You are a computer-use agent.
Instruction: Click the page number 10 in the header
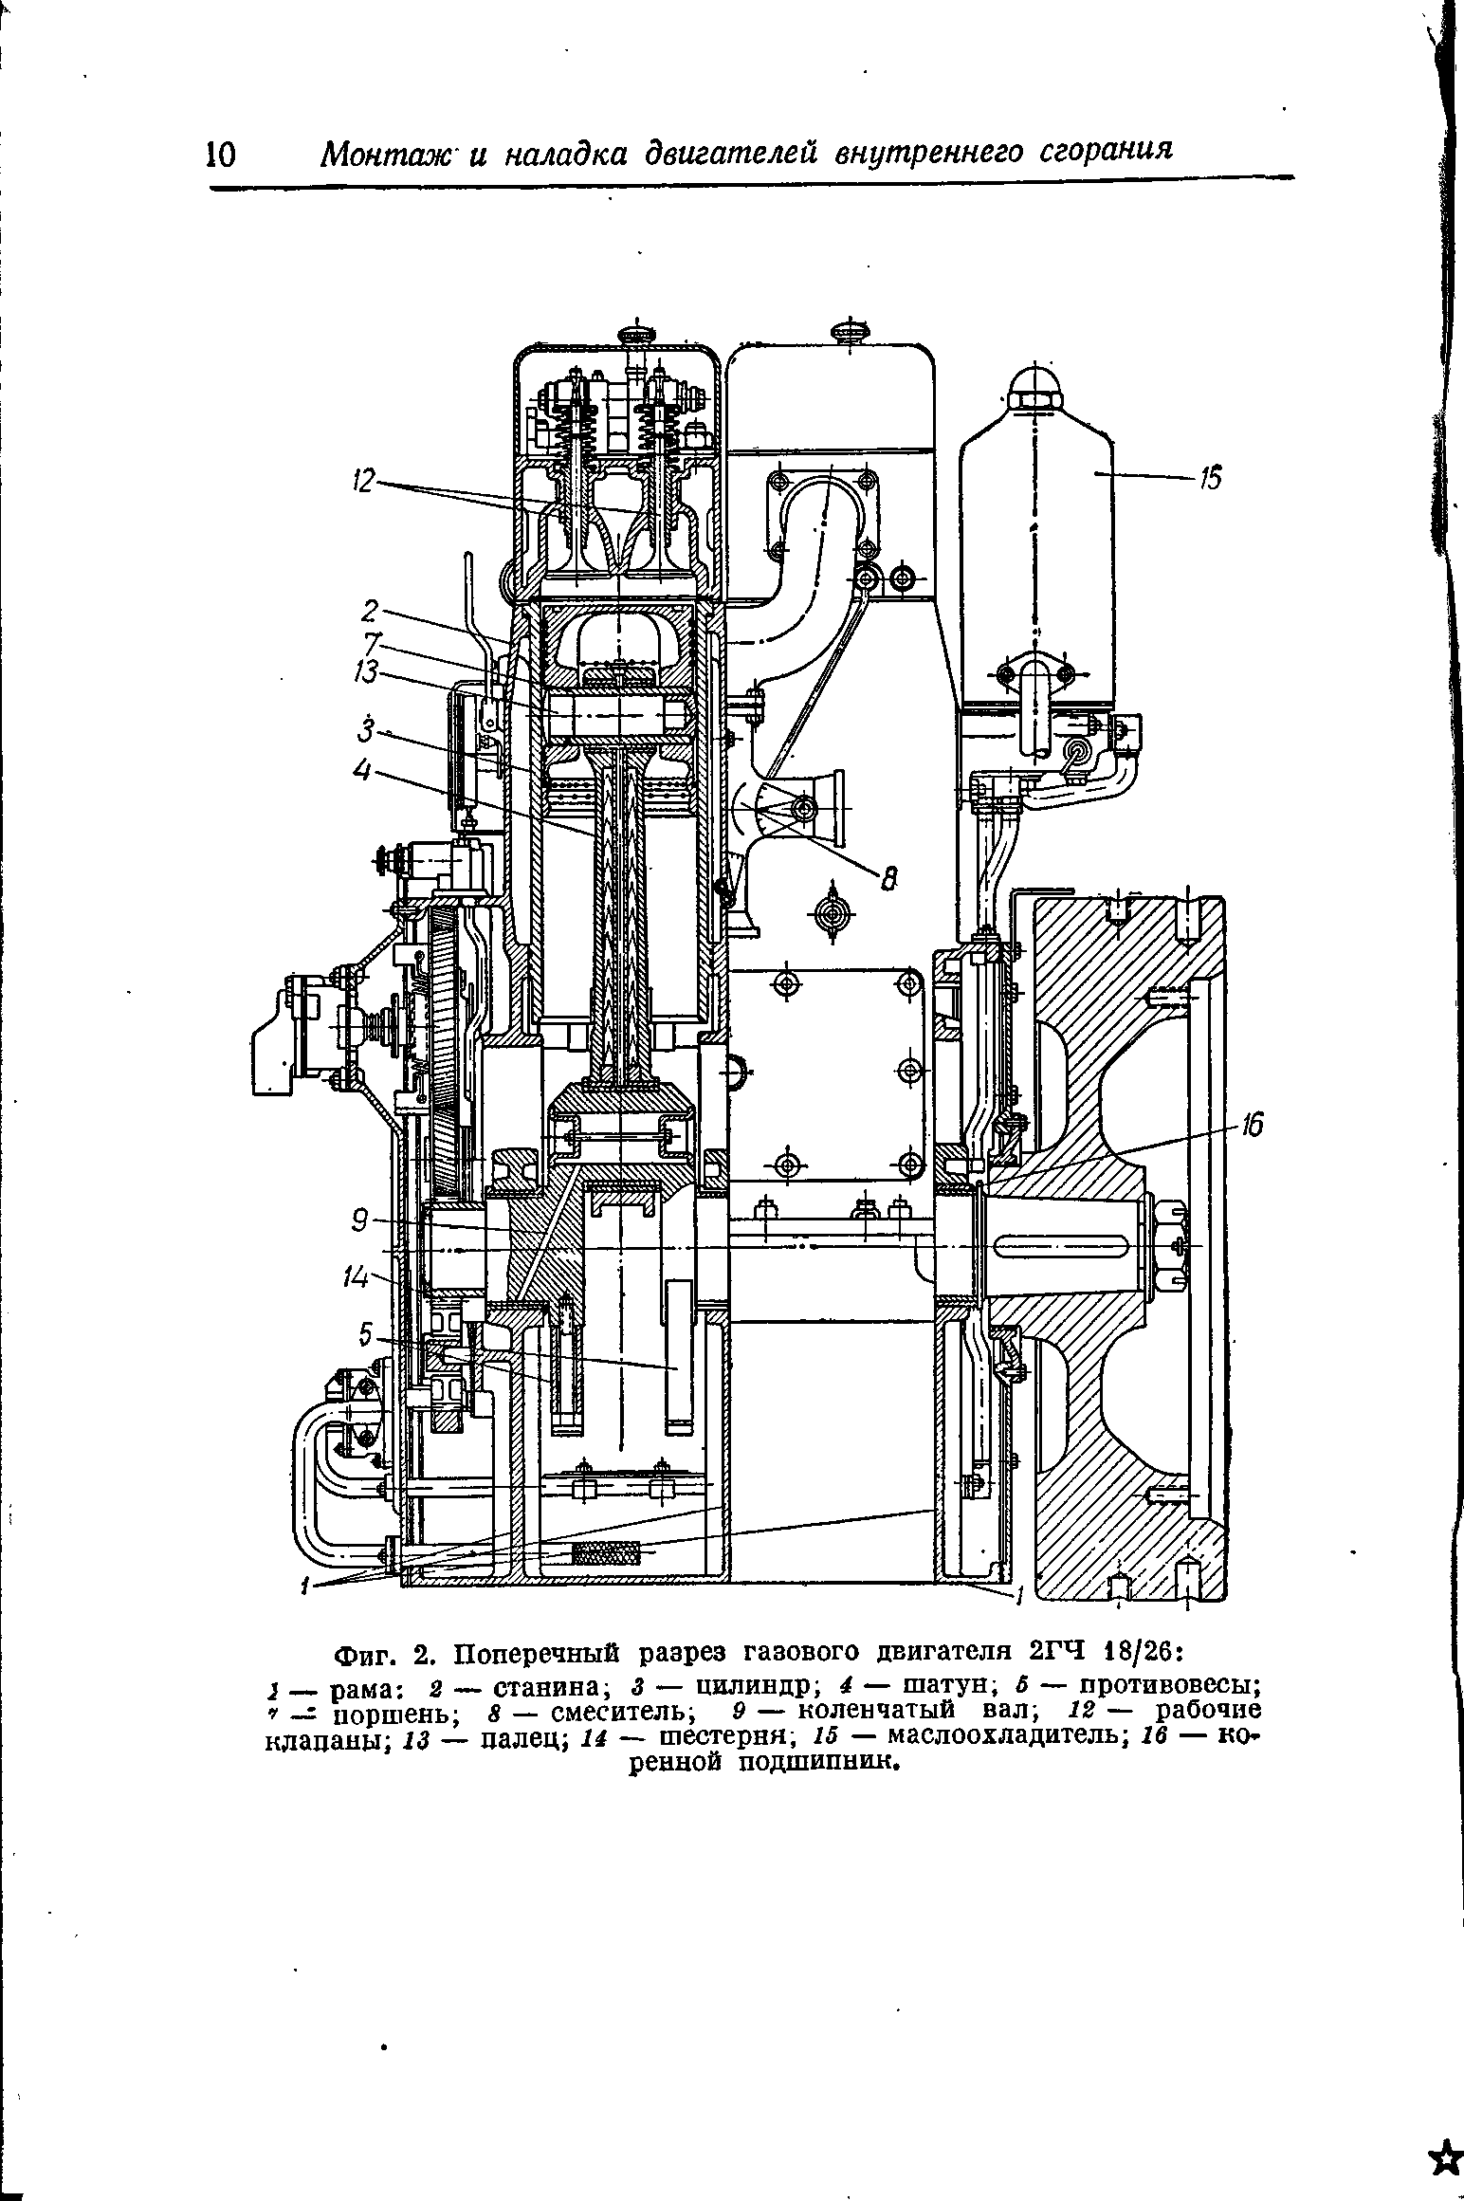[x=220, y=154]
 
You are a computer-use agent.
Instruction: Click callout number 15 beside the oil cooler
[x=1212, y=480]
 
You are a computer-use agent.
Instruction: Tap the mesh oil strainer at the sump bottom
[x=606, y=1554]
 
